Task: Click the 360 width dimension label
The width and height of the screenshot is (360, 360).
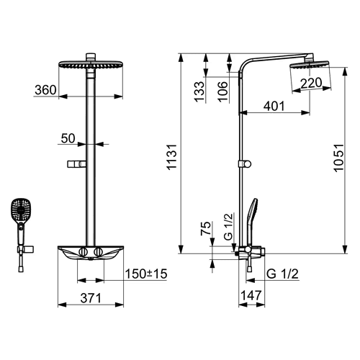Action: (45, 90)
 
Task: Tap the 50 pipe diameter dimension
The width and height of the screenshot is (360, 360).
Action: (68, 138)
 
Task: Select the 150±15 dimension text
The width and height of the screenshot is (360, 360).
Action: (146, 274)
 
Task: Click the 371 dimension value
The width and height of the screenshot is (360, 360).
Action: (91, 298)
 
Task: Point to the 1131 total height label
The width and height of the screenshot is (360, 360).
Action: (172, 157)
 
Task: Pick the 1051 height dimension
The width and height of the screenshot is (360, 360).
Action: (339, 158)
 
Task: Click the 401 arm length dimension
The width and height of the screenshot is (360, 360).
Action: (274, 106)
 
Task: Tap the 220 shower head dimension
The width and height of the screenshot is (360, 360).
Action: (311, 83)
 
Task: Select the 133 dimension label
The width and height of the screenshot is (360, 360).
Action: (199, 92)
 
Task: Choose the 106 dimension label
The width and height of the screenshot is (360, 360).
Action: (222, 91)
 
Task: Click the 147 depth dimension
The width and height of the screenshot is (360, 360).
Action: (251, 295)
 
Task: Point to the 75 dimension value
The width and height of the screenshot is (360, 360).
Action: (206, 228)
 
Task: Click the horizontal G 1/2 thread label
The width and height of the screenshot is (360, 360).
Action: (282, 274)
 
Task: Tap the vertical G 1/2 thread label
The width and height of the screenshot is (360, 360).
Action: (228, 227)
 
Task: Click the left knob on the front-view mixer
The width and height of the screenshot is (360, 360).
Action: (83, 252)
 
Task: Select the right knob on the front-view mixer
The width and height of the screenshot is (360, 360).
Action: (99, 252)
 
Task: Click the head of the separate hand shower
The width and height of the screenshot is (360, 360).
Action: (21, 209)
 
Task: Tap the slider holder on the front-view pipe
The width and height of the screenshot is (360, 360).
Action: (76, 164)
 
